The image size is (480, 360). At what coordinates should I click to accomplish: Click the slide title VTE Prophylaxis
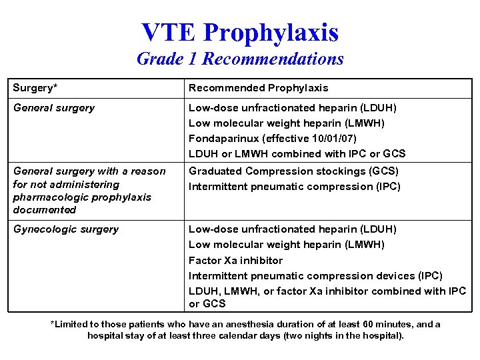tap(240, 32)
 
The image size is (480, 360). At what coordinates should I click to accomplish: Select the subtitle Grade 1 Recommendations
tap(240, 59)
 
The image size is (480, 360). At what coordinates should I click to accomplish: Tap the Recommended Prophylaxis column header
tap(258, 88)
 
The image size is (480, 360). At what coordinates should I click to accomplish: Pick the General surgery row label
tap(54, 108)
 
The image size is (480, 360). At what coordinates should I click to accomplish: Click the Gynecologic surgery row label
tap(65, 229)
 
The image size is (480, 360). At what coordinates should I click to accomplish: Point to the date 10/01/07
tap(333, 139)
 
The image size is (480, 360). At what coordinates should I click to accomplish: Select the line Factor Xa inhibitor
tap(235, 261)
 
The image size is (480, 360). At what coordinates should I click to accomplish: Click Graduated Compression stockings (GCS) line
tap(293, 171)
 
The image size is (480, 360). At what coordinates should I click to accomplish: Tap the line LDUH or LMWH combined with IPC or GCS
tap(297, 154)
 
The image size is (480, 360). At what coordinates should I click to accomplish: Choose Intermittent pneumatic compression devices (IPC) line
tap(315, 276)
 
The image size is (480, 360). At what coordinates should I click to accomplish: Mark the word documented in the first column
tap(45, 210)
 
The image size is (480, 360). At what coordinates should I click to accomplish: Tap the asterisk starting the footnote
tap(53, 324)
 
